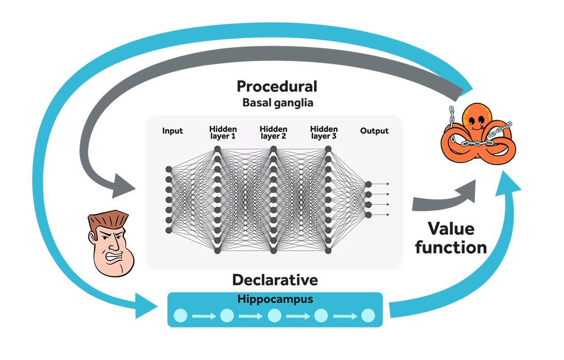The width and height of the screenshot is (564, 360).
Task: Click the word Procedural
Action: (277, 86)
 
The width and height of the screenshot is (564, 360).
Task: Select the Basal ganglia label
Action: (277, 102)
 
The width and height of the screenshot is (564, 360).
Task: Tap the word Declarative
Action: (275, 280)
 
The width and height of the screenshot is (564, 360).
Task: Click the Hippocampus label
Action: (275, 299)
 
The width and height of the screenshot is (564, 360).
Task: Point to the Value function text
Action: (451, 237)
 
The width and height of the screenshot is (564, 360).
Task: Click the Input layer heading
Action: (172, 131)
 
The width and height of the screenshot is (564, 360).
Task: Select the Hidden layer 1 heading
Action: (222, 132)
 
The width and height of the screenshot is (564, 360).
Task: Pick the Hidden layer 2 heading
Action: (273, 132)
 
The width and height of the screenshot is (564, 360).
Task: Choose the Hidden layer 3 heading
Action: (324, 132)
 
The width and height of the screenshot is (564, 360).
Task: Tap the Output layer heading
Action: (374, 131)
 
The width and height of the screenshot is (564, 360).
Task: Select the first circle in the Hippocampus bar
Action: (181, 316)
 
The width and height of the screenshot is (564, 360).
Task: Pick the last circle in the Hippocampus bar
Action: (367, 316)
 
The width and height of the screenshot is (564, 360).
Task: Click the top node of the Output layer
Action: (368, 184)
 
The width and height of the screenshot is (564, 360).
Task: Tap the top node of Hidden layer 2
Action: (274, 149)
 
